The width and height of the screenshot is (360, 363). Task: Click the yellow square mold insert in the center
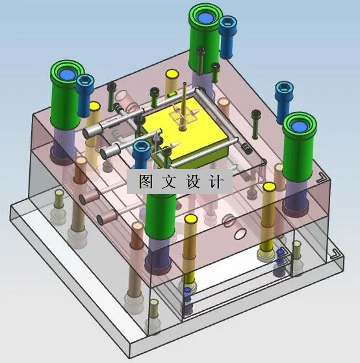[188, 133]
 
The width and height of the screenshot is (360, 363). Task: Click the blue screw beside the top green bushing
[228, 36]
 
